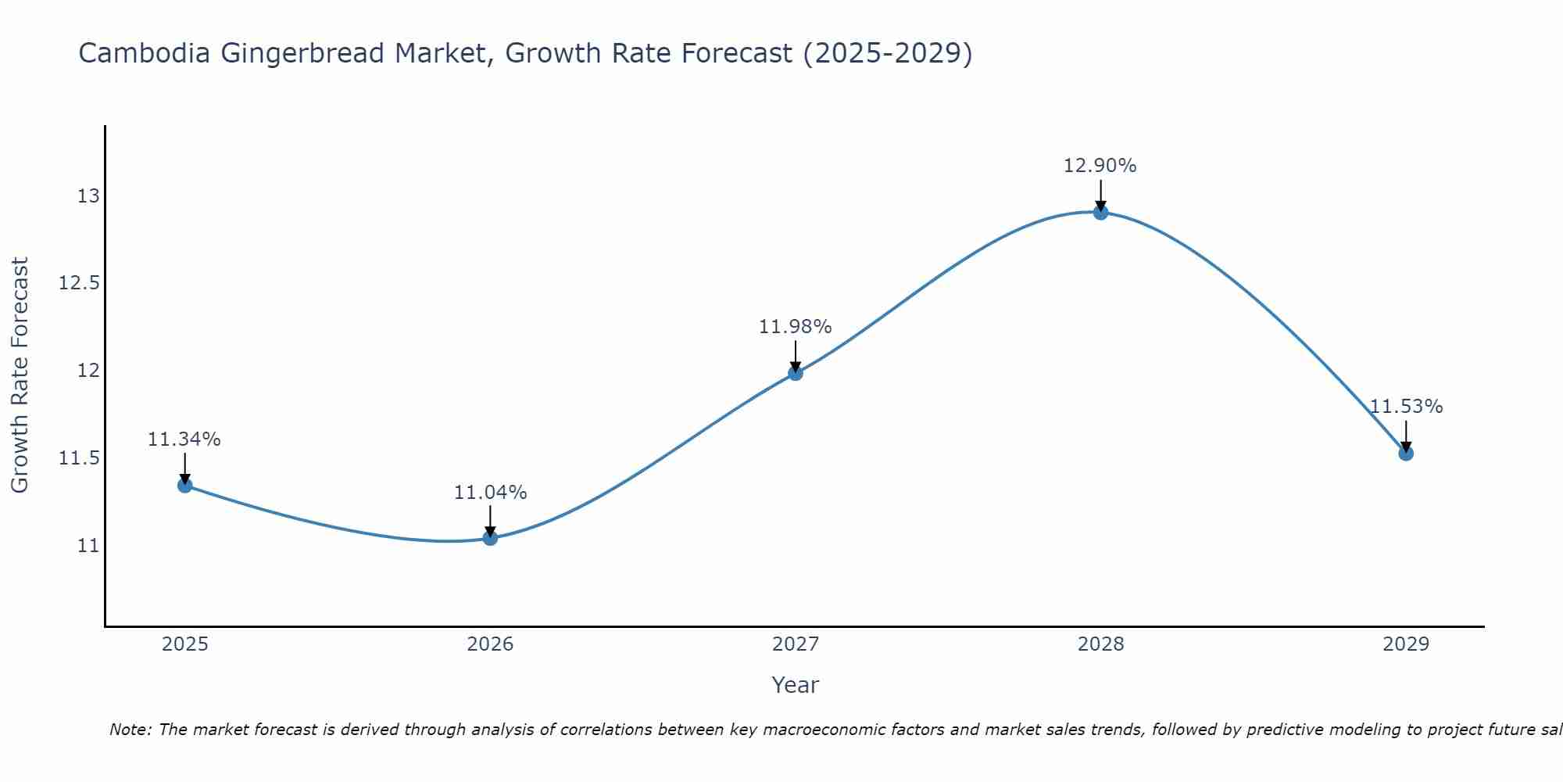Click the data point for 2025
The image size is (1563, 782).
click(x=184, y=485)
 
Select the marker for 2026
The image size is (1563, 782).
click(x=490, y=538)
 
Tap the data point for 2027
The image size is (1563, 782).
click(x=796, y=373)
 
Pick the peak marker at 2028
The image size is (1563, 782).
click(x=1100, y=212)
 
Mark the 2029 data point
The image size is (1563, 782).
click(x=1406, y=453)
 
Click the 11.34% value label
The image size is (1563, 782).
click(x=184, y=439)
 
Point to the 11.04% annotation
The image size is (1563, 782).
click(x=490, y=493)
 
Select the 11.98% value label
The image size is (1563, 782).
click(x=796, y=327)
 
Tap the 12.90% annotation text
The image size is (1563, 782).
click(x=1100, y=166)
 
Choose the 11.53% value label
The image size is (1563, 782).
click(x=1406, y=407)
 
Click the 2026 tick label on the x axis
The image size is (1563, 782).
click(x=490, y=644)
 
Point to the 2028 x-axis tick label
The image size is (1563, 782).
click(x=1100, y=644)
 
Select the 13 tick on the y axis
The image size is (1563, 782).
click(x=88, y=195)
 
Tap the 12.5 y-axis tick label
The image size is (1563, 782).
click(x=80, y=283)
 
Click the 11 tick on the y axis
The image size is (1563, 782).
click(x=88, y=545)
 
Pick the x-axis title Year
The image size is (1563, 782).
click(x=796, y=685)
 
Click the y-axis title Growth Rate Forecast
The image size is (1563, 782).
click(x=20, y=375)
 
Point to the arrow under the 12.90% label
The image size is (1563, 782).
click(x=1100, y=195)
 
